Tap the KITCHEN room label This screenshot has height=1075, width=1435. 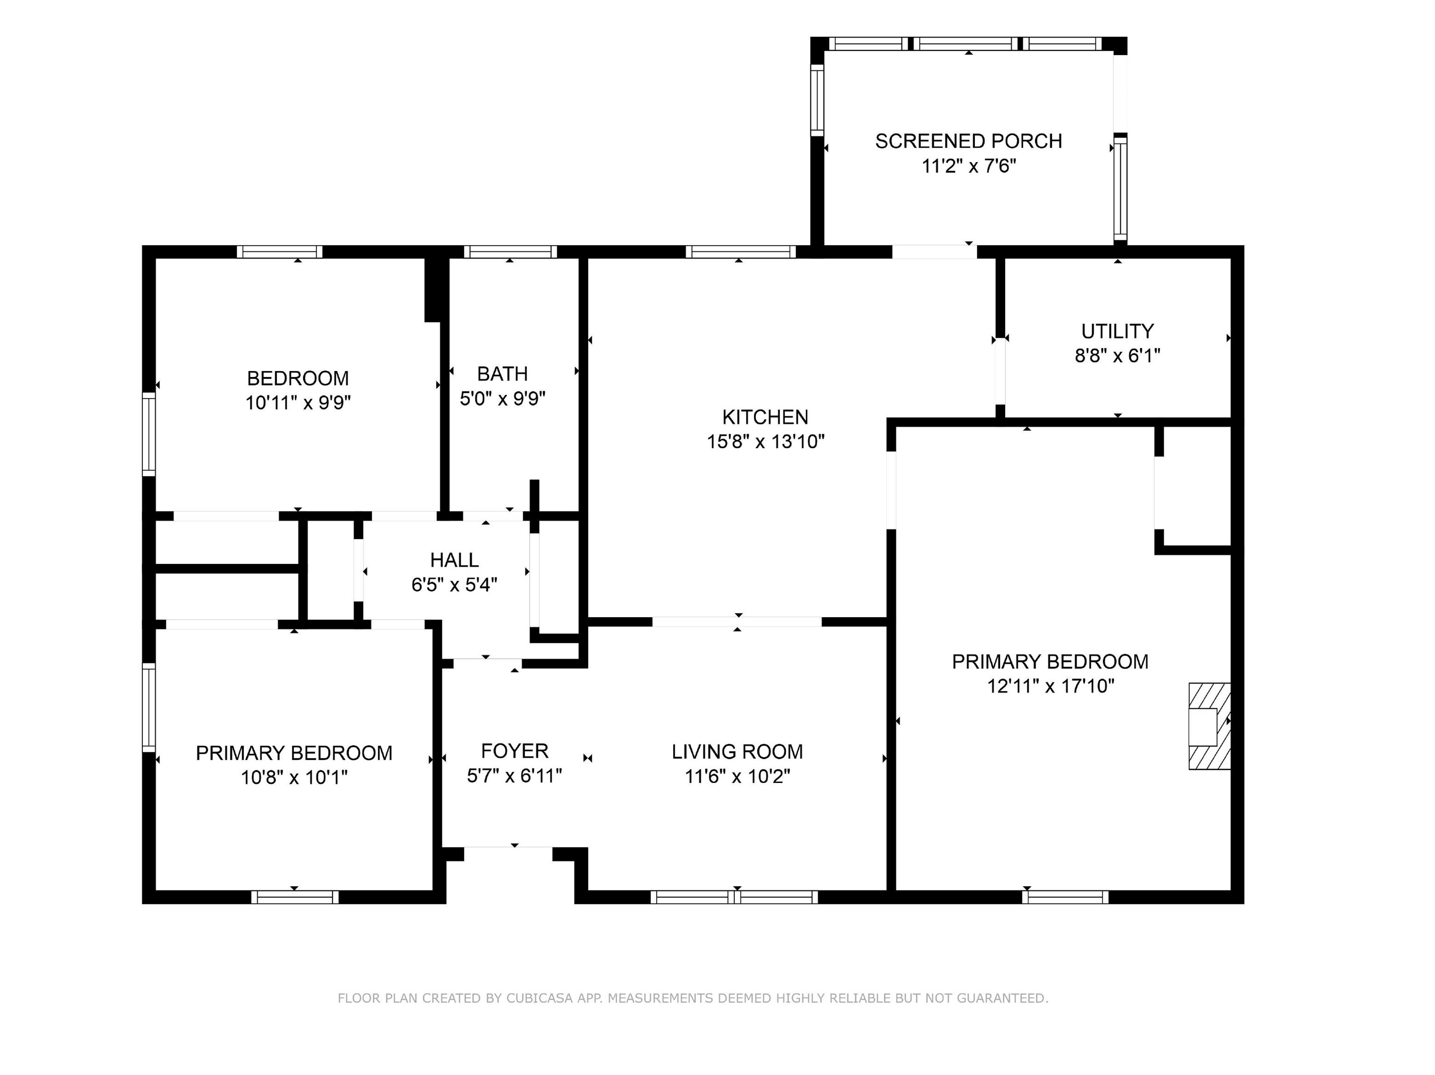pyautogui.click(x=766, y=417)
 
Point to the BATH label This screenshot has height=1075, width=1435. pyautogui.click(x=502, y=374)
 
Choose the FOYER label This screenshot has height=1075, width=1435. pyautogui.click(x=514, y=751)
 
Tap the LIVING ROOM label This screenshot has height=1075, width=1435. pyautogui.click(x=737, y=751)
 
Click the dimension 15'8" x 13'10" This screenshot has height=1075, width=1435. pyautogui.click(x=766, y=442)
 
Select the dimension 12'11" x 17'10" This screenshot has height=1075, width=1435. pyautogui.click(x=1050, y=686)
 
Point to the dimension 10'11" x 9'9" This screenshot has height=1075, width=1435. pyautogui.click(x=298, y=403)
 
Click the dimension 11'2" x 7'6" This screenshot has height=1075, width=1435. pyautogui.click(x=968, y=166)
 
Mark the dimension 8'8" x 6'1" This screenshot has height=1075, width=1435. pyautogui.click(x=1117, y=356)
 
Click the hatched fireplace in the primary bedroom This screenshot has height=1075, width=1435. pyautogui.click(x=1209, y=726)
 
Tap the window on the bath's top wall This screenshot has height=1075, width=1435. pyautogui.click(x=510, y=252)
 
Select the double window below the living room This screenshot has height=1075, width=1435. pyautogui.click(x=734, y=897)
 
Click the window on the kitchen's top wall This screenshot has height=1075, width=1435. pyautogui.click(x=740, y=252)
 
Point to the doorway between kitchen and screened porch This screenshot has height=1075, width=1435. pyautogui.click(x=934, y=252)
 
